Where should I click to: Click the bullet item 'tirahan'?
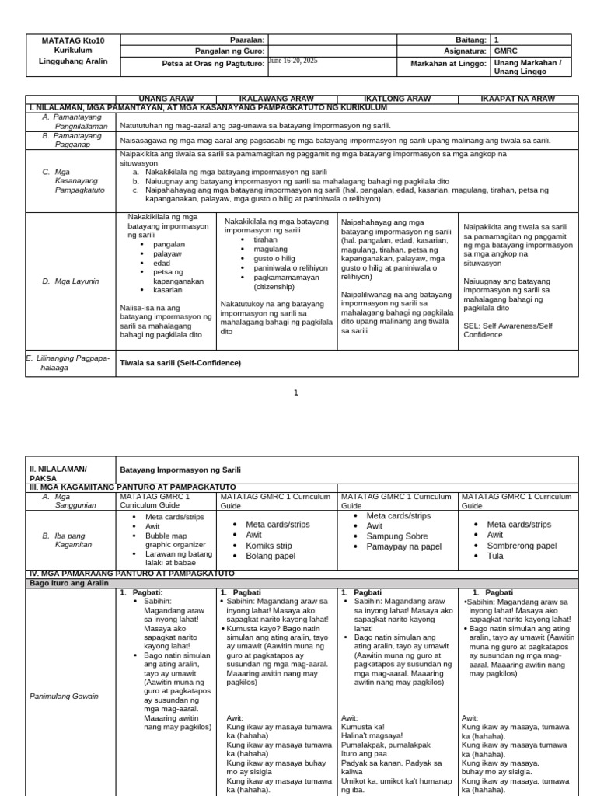point(266,240)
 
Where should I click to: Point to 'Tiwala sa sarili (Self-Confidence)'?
point(180,363)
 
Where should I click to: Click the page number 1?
point(295,393)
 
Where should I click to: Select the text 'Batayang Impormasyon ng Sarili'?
point(180,470)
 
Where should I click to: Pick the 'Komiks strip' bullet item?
point(269,546)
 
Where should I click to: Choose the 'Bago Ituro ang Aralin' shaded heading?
point(68,582)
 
